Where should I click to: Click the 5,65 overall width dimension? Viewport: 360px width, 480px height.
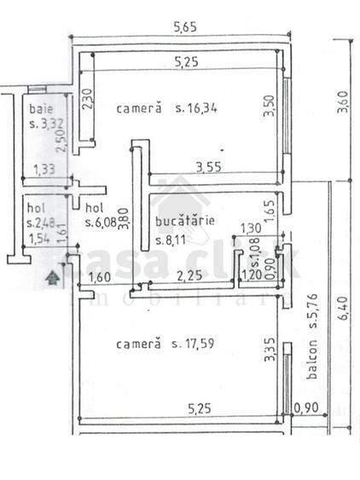click(185, 27)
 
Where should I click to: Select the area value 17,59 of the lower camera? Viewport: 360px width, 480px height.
click(202, 344)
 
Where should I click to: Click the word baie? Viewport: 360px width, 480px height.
click(39, 109)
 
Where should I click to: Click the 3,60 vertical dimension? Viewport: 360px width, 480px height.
click(344, 108)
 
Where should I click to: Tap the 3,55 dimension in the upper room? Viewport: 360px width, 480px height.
click(208, 167)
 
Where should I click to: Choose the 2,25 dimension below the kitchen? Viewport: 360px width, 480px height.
click(189, 275)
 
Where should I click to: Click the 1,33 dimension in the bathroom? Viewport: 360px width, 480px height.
click(39, 170)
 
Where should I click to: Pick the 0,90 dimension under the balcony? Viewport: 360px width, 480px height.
click(305, 408)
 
